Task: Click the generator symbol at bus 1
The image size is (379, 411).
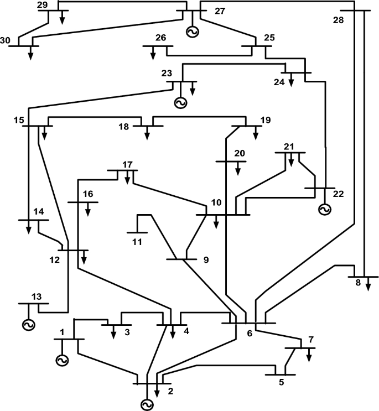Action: point(61,360)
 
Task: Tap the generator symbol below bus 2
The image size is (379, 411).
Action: point(147,405)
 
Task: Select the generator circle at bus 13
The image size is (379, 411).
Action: point(28,324)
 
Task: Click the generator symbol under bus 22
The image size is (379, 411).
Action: point(324,210)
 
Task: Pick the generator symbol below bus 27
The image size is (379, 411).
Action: point(193,33)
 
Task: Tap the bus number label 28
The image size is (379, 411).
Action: point(339,20)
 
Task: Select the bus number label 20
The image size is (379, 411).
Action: point(239,153)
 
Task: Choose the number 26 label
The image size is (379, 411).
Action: point(161,38)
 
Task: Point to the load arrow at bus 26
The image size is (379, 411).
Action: point(152,53)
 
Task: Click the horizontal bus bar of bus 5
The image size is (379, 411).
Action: point(280,374)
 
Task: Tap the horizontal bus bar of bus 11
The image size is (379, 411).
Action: point(137,233)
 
